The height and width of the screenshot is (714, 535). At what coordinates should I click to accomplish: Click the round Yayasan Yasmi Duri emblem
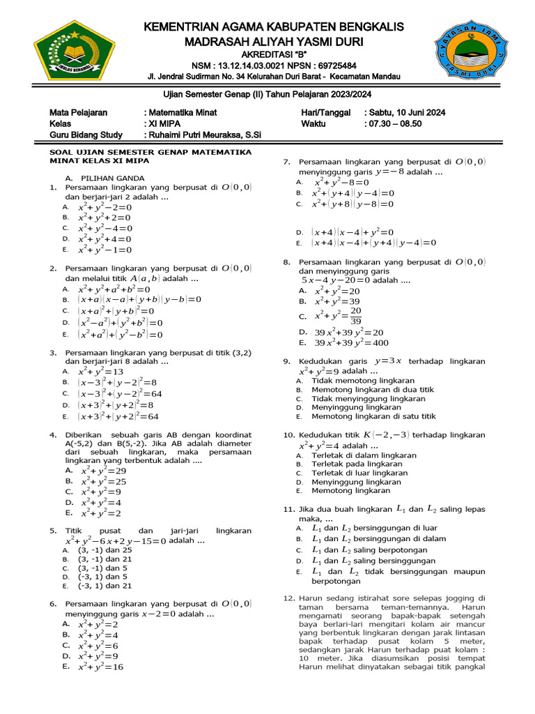(468, 52)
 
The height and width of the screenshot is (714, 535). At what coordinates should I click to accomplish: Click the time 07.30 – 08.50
(394, 123)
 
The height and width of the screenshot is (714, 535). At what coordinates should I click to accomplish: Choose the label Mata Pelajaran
(78, 112)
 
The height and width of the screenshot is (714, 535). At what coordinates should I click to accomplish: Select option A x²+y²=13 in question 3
(100, 372)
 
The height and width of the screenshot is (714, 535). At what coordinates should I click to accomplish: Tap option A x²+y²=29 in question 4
(102, 471)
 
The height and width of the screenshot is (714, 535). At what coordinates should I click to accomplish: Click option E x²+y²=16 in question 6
(100, 667)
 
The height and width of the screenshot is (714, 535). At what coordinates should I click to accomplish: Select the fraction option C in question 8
(337, 316)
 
